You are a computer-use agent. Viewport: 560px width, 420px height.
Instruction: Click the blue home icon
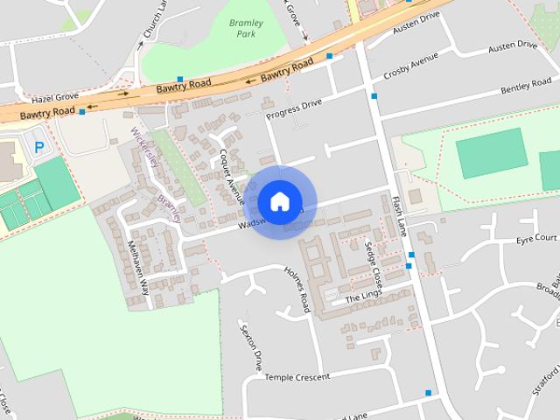click(279, 201)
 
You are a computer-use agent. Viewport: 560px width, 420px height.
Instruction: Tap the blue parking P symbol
click(38, 147)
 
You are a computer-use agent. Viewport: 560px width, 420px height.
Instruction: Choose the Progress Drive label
click(295, 107)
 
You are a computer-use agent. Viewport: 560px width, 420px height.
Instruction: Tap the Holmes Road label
click(297, 290)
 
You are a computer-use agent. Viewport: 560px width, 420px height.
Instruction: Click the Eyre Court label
click(536, 238)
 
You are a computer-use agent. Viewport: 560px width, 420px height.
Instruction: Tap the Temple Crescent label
click(297, 377)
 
